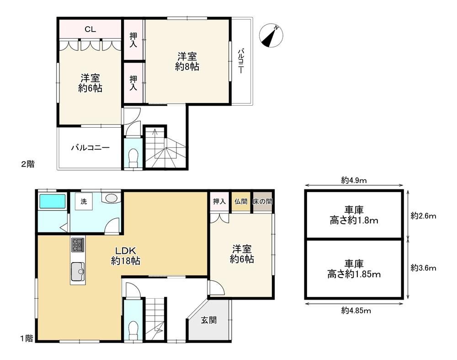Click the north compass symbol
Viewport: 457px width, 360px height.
pos(271,36)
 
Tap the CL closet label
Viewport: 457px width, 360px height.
pos(90,29)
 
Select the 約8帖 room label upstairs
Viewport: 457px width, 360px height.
pos(187,67)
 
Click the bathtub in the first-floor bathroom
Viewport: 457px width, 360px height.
pos(53,201)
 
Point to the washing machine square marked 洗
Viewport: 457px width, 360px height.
pos(84,201)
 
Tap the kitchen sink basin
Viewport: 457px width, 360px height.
pos(78,271)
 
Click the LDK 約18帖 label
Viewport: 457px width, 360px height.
pos(126,256)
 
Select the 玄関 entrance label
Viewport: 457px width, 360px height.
pos(209,320)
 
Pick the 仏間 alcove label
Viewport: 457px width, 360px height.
pos(241,201)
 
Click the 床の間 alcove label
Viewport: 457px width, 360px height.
pos(262,201)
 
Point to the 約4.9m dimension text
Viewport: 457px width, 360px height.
pos(354,180)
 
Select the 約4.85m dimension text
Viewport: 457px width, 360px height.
pos(356,311)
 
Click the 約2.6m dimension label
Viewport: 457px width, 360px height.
pos(423,216)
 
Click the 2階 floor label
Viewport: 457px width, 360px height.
pos(28,164)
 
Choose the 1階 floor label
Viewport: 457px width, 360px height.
pos(27,339)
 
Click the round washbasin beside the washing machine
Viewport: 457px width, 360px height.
pos(111,198)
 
